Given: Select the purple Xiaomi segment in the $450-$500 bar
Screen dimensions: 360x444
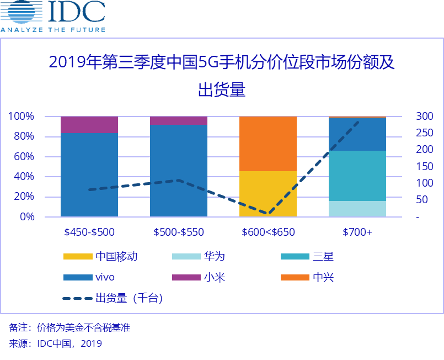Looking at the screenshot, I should click(89, 125).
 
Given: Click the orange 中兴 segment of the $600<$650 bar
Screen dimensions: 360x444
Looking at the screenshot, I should click(268, 144).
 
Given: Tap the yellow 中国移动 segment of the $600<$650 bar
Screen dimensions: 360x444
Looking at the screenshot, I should click(268, 194).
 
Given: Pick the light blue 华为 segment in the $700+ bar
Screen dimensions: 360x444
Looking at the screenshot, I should click(357, 209).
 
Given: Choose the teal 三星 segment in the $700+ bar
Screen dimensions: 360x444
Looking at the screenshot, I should click(357, 176).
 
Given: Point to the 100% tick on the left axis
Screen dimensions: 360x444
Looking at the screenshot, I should click(21, 117).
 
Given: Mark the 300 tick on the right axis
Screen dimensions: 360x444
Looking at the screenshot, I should click(424, 117).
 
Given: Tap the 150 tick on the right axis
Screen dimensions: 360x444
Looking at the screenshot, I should click(424, 166).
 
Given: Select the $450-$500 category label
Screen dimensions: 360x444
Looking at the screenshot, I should click(89, 232).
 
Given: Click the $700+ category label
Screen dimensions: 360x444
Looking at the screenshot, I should click(357, 232).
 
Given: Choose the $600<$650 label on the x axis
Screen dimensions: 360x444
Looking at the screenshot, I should click(268, 232).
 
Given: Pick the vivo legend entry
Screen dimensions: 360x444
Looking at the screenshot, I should click(105, 277).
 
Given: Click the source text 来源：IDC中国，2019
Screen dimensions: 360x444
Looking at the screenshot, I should click(56, 343).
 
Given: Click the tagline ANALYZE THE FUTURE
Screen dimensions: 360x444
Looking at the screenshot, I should click(52, 29).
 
